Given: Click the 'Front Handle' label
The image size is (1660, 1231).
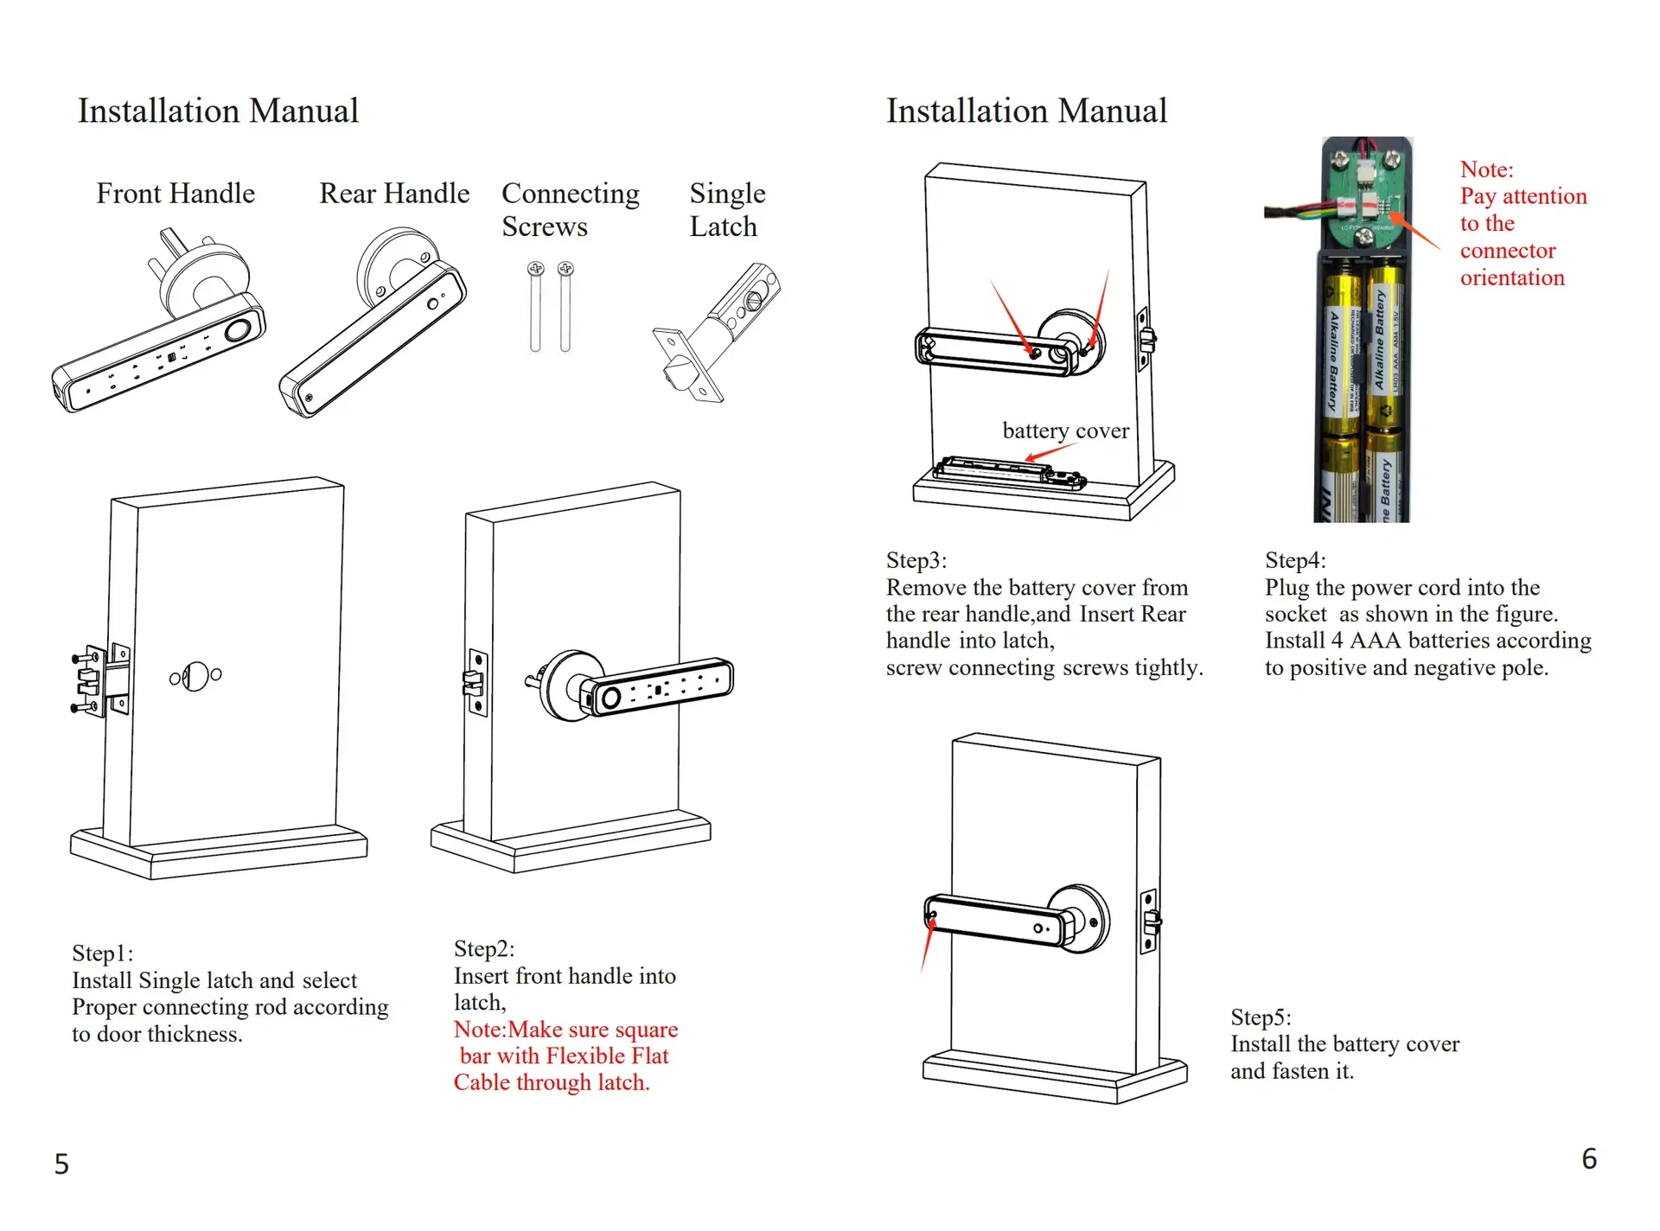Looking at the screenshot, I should (x=176, y=194).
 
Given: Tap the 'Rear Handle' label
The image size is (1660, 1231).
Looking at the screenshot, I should (x=394, y=194).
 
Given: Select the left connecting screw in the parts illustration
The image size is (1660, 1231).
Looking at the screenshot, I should (x=535, y=307).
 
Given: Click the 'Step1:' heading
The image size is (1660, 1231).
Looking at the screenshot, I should (x=102, y=954).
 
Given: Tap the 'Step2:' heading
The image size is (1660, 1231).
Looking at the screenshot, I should (x=484, y=949).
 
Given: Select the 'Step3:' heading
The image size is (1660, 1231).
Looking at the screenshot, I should (x=916, y=560).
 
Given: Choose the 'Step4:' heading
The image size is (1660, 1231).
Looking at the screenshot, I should (x=1295, y=560).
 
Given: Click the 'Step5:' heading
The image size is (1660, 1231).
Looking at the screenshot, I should (x=1261, y=1017).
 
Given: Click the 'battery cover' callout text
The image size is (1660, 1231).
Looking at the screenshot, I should (x=1065, y=431).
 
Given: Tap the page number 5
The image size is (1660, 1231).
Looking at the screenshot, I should (x=61, y=1164).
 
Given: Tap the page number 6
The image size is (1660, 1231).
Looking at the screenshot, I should (x=1589, y=1159).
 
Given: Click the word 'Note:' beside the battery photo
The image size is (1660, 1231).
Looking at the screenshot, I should (x=1486, y=169).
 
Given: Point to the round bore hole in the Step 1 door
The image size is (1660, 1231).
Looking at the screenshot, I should (x=195, y=676).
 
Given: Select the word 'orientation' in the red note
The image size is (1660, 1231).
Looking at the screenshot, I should (x=1512, y=277).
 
